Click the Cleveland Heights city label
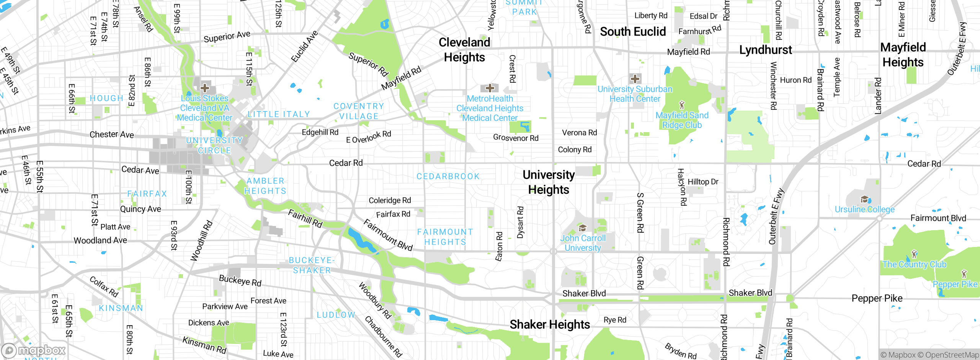(464, 50)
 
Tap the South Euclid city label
(633, 31)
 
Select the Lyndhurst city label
(765, 50)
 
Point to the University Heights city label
(549, 182)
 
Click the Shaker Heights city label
(550, 324)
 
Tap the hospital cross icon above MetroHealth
(490, 88)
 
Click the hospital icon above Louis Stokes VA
(205, 88)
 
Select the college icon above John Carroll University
(582, 228)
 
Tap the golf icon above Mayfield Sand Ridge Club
(681, 105)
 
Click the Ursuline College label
(865, 209)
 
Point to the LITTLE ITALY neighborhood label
(279, 114)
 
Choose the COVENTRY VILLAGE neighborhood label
(359, 111)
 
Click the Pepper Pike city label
(877, 298)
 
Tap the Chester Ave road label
(112, 134)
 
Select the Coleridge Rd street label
(390, 200)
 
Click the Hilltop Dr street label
(703, 182)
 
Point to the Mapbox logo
(34, 350)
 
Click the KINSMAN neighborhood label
(121, 308)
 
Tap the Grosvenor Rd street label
(516, 138)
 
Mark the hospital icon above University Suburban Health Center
(635, 79)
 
